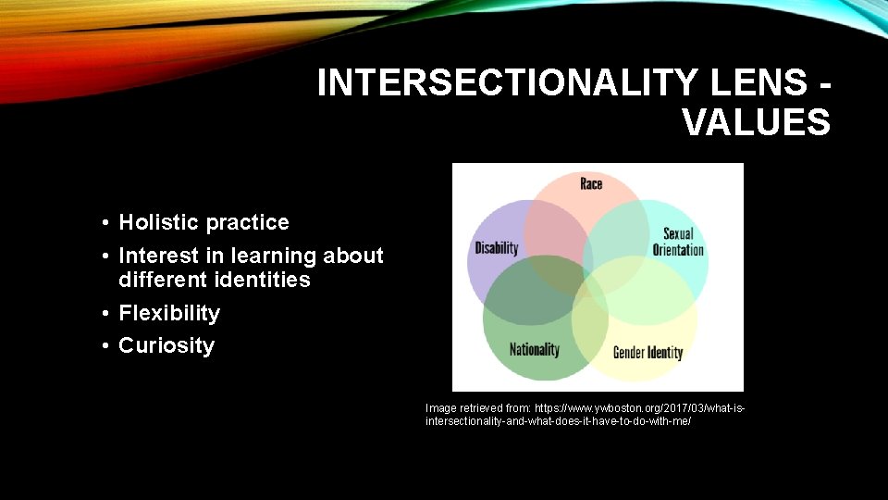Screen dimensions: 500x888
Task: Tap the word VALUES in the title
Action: coord(756,121)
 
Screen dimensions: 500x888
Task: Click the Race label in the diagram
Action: coord(591,183)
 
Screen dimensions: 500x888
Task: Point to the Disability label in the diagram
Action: coord(497,248)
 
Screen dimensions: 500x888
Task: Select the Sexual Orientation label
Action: coord(678,242)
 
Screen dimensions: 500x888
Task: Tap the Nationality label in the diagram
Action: coord(534,349)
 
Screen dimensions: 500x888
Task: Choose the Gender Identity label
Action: coord(647,352)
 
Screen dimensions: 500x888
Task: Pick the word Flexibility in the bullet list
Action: coord(169,313)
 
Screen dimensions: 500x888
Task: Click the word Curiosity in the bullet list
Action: coord(166,345)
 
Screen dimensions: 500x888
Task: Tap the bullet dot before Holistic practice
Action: coord(108,223)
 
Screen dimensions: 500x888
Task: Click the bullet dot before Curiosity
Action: coord(108,346)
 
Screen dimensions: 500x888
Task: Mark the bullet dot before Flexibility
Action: coord(108,314)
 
